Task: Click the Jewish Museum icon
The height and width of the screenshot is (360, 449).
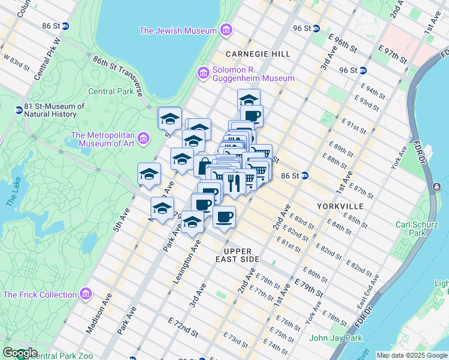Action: pos(226,30)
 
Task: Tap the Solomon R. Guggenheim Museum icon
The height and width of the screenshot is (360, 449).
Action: pos(203,73)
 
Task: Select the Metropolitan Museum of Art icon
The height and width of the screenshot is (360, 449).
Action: pos(143,139)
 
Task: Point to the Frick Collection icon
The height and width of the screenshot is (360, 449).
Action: pos(86,295)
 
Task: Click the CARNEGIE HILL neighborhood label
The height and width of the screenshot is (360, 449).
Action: pos(258,54)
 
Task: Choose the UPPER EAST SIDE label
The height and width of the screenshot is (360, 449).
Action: pos(241,255)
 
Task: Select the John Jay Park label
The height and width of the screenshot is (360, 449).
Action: pos(336,338)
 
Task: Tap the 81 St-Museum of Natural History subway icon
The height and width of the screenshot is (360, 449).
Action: pos(19,110)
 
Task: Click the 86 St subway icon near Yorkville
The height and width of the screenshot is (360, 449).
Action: pos(305,176)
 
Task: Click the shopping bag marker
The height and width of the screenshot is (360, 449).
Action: pos(205,165)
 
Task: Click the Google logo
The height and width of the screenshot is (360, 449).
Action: pos(20,353)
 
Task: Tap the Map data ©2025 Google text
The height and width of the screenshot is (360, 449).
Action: pos(411,355)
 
